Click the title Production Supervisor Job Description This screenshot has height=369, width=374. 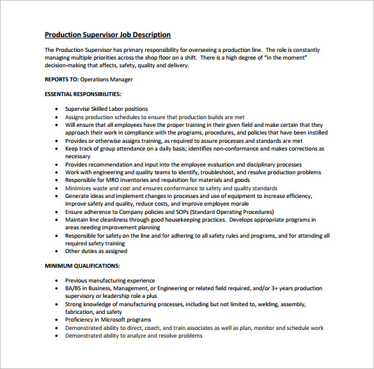107,35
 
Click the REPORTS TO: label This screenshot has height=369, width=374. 61,79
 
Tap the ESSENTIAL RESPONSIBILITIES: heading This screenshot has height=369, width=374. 82,94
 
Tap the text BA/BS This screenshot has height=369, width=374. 74,288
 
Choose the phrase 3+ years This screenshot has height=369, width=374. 292,288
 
